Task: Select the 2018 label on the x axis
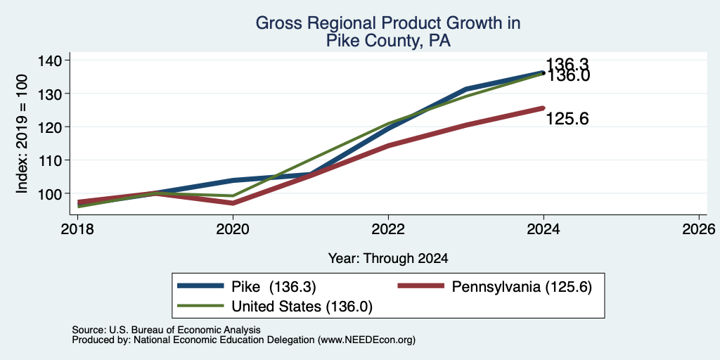77,229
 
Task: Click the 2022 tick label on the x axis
388,229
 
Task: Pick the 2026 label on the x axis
699,229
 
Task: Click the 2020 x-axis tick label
233,229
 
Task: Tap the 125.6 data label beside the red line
567,120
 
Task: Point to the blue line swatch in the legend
200,286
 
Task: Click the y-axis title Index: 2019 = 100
22,134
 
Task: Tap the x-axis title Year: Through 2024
388,259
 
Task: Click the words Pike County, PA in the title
388,41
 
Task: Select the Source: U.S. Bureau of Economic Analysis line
166,330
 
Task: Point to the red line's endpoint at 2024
544,108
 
